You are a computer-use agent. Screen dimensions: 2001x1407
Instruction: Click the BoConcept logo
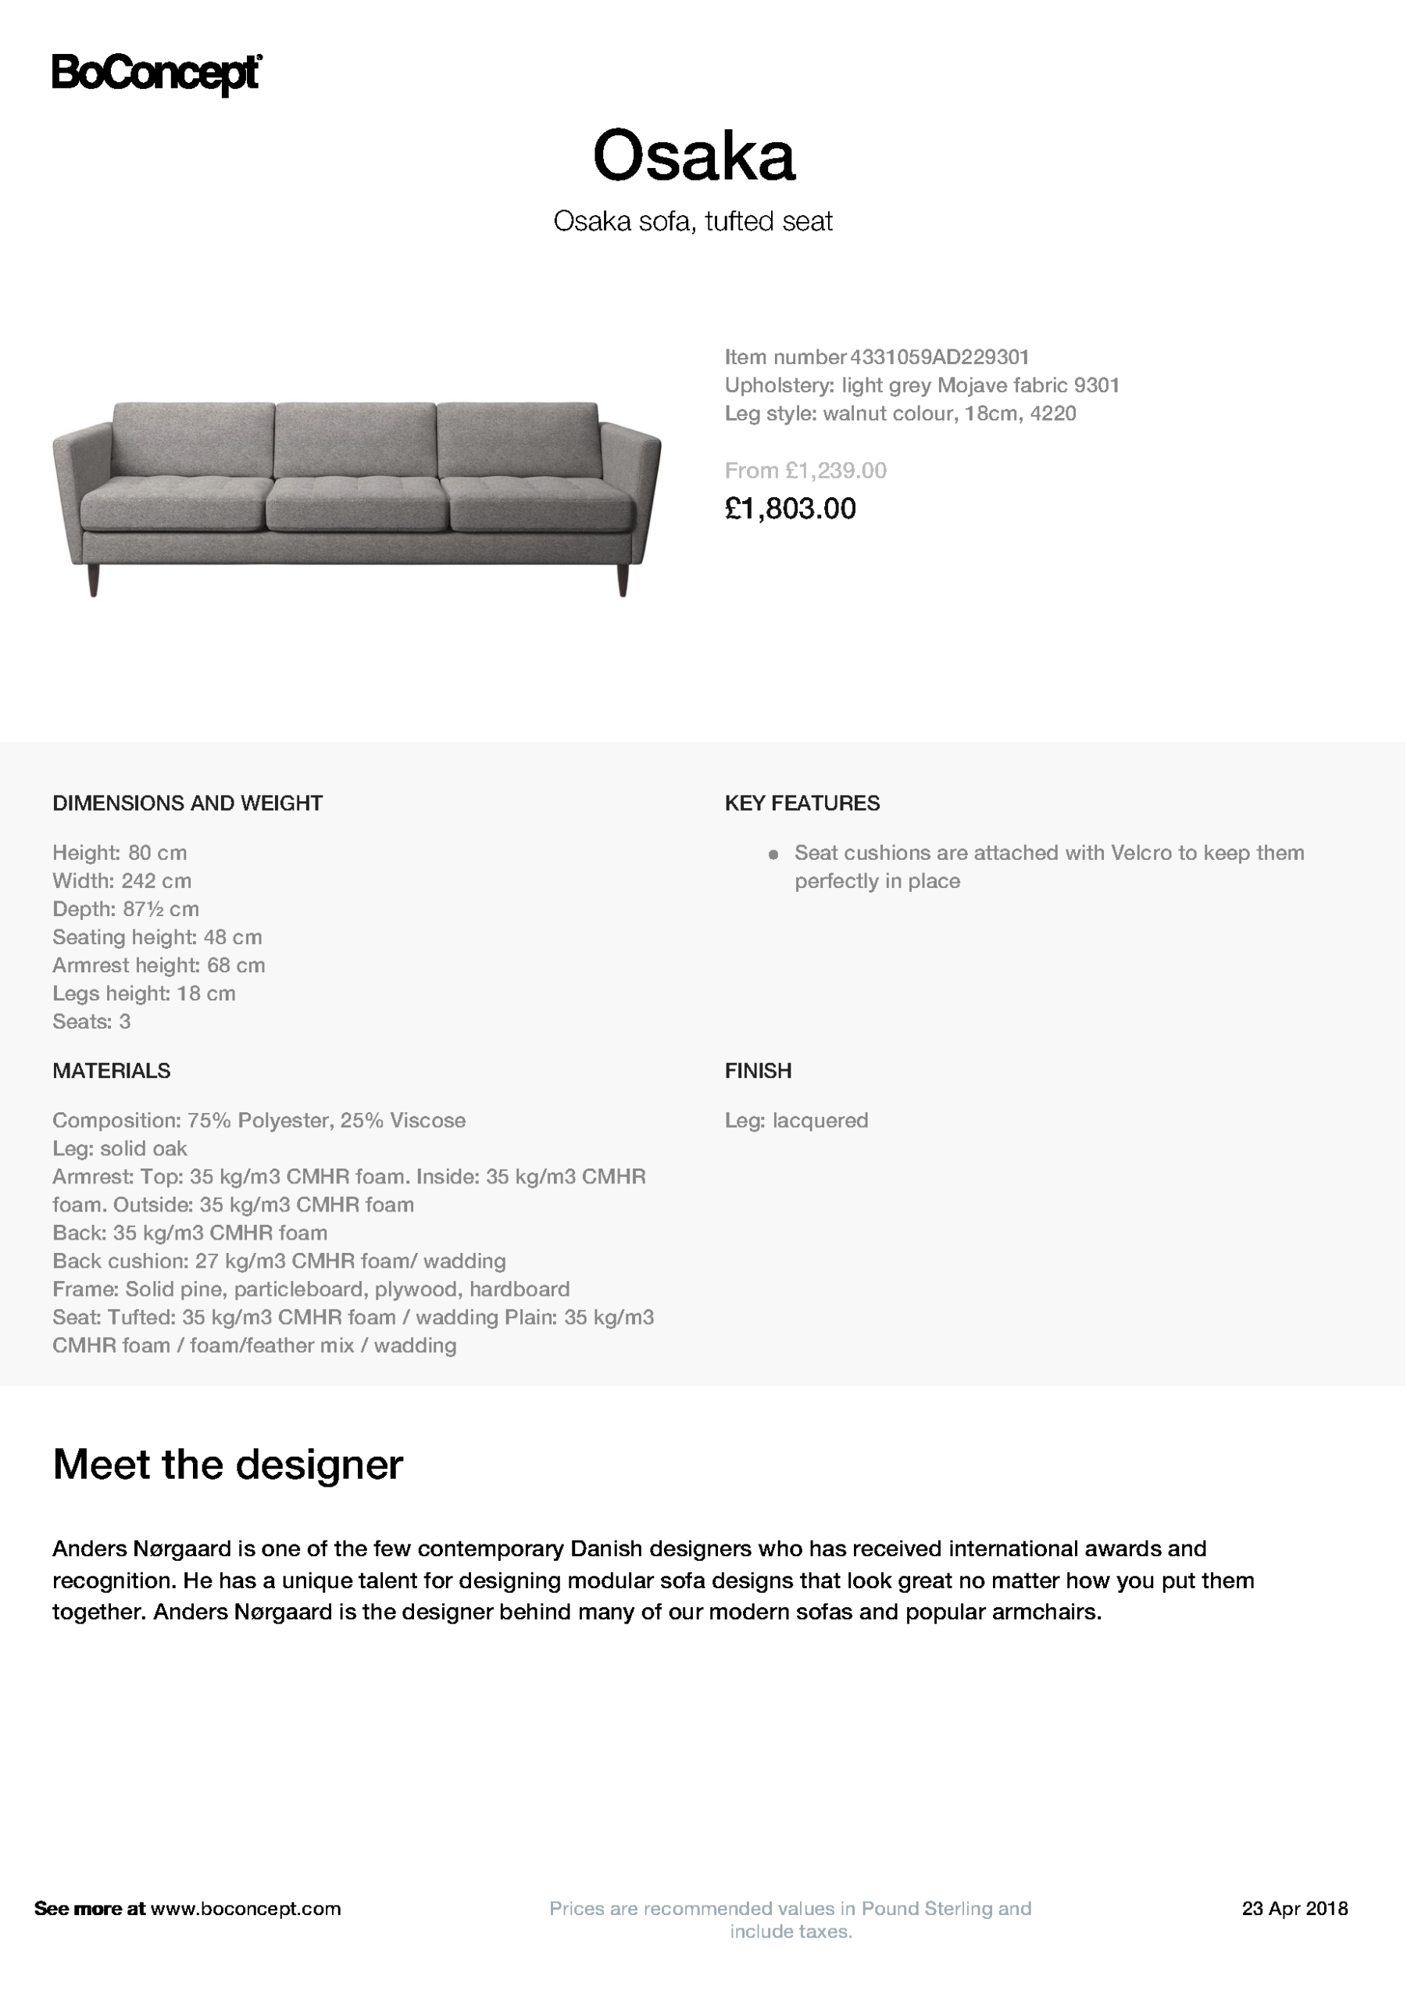(157, 74)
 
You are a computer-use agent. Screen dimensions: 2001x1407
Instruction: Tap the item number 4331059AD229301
(939, 357)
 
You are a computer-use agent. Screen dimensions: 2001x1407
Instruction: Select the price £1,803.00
(790, 509)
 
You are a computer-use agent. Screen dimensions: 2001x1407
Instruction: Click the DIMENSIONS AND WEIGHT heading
(187, 803)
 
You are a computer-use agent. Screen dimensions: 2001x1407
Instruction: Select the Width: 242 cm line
(122, 881)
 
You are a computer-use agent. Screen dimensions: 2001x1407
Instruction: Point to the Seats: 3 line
(91, 1022)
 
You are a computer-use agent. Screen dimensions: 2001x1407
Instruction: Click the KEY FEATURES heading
(802, 803)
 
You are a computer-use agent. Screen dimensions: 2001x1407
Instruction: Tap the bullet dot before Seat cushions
(773, 854)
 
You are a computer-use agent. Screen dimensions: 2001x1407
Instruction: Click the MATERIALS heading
(112, 1070)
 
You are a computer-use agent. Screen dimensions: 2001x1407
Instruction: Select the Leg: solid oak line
(120, 1149)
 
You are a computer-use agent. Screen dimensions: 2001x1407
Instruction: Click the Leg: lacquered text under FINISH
(796, 1121)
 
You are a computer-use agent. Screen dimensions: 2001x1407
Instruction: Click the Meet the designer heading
(227, 1464)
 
